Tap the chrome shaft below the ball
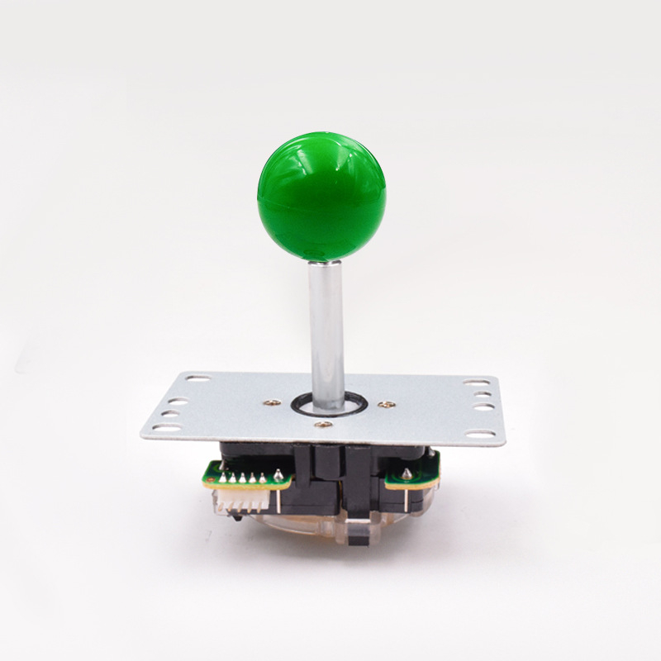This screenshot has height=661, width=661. point(327,330)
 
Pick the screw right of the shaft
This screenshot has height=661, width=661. point(382,404)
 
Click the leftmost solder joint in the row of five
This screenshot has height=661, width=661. point(222,478)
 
